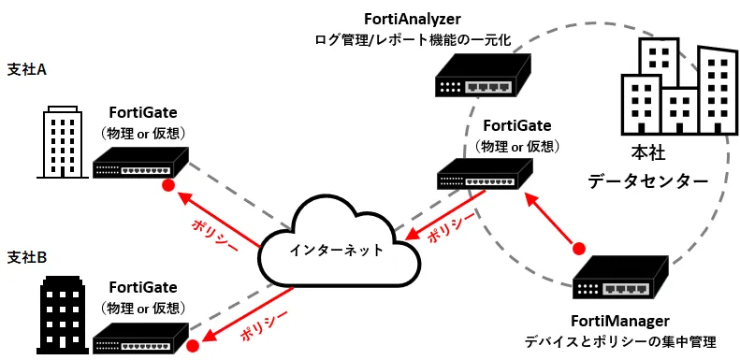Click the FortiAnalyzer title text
click(x=413, y=19)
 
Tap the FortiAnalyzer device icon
click(x=483, y=75)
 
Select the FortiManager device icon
click(x=620, y=277)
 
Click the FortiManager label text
click(x=620, y=322)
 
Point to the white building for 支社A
click(x=63, y=142)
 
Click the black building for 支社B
click(x=63, y=314)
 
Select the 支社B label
click(x=27, y=258)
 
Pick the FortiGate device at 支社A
click(x=141, y=163)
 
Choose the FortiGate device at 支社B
click(x=141, y=338)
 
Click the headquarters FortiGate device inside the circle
click(x=486, y=174)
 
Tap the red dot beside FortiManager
click(x=579, y=248)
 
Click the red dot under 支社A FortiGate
click(x=167, y=185)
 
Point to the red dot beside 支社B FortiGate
click(x=193, y=346)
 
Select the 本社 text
click(x=648, y=155)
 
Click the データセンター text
click(x=647, y=180)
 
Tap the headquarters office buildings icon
click(x=679, y=87)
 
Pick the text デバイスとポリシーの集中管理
click(x=620, y=341)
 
